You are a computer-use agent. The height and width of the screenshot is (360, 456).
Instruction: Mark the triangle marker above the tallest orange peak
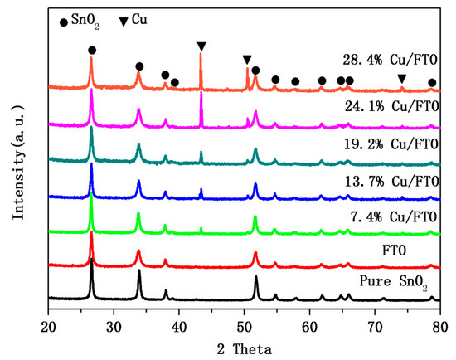(201, 46)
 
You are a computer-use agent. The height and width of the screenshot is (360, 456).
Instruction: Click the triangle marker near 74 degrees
(402, 78)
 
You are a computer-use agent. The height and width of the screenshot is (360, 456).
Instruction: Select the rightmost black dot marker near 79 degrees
(432, 82)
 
